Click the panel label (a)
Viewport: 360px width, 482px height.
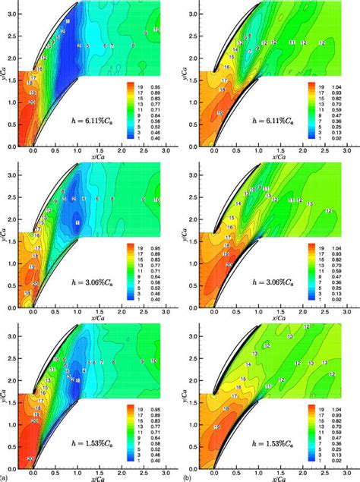[x=5, y=477]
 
